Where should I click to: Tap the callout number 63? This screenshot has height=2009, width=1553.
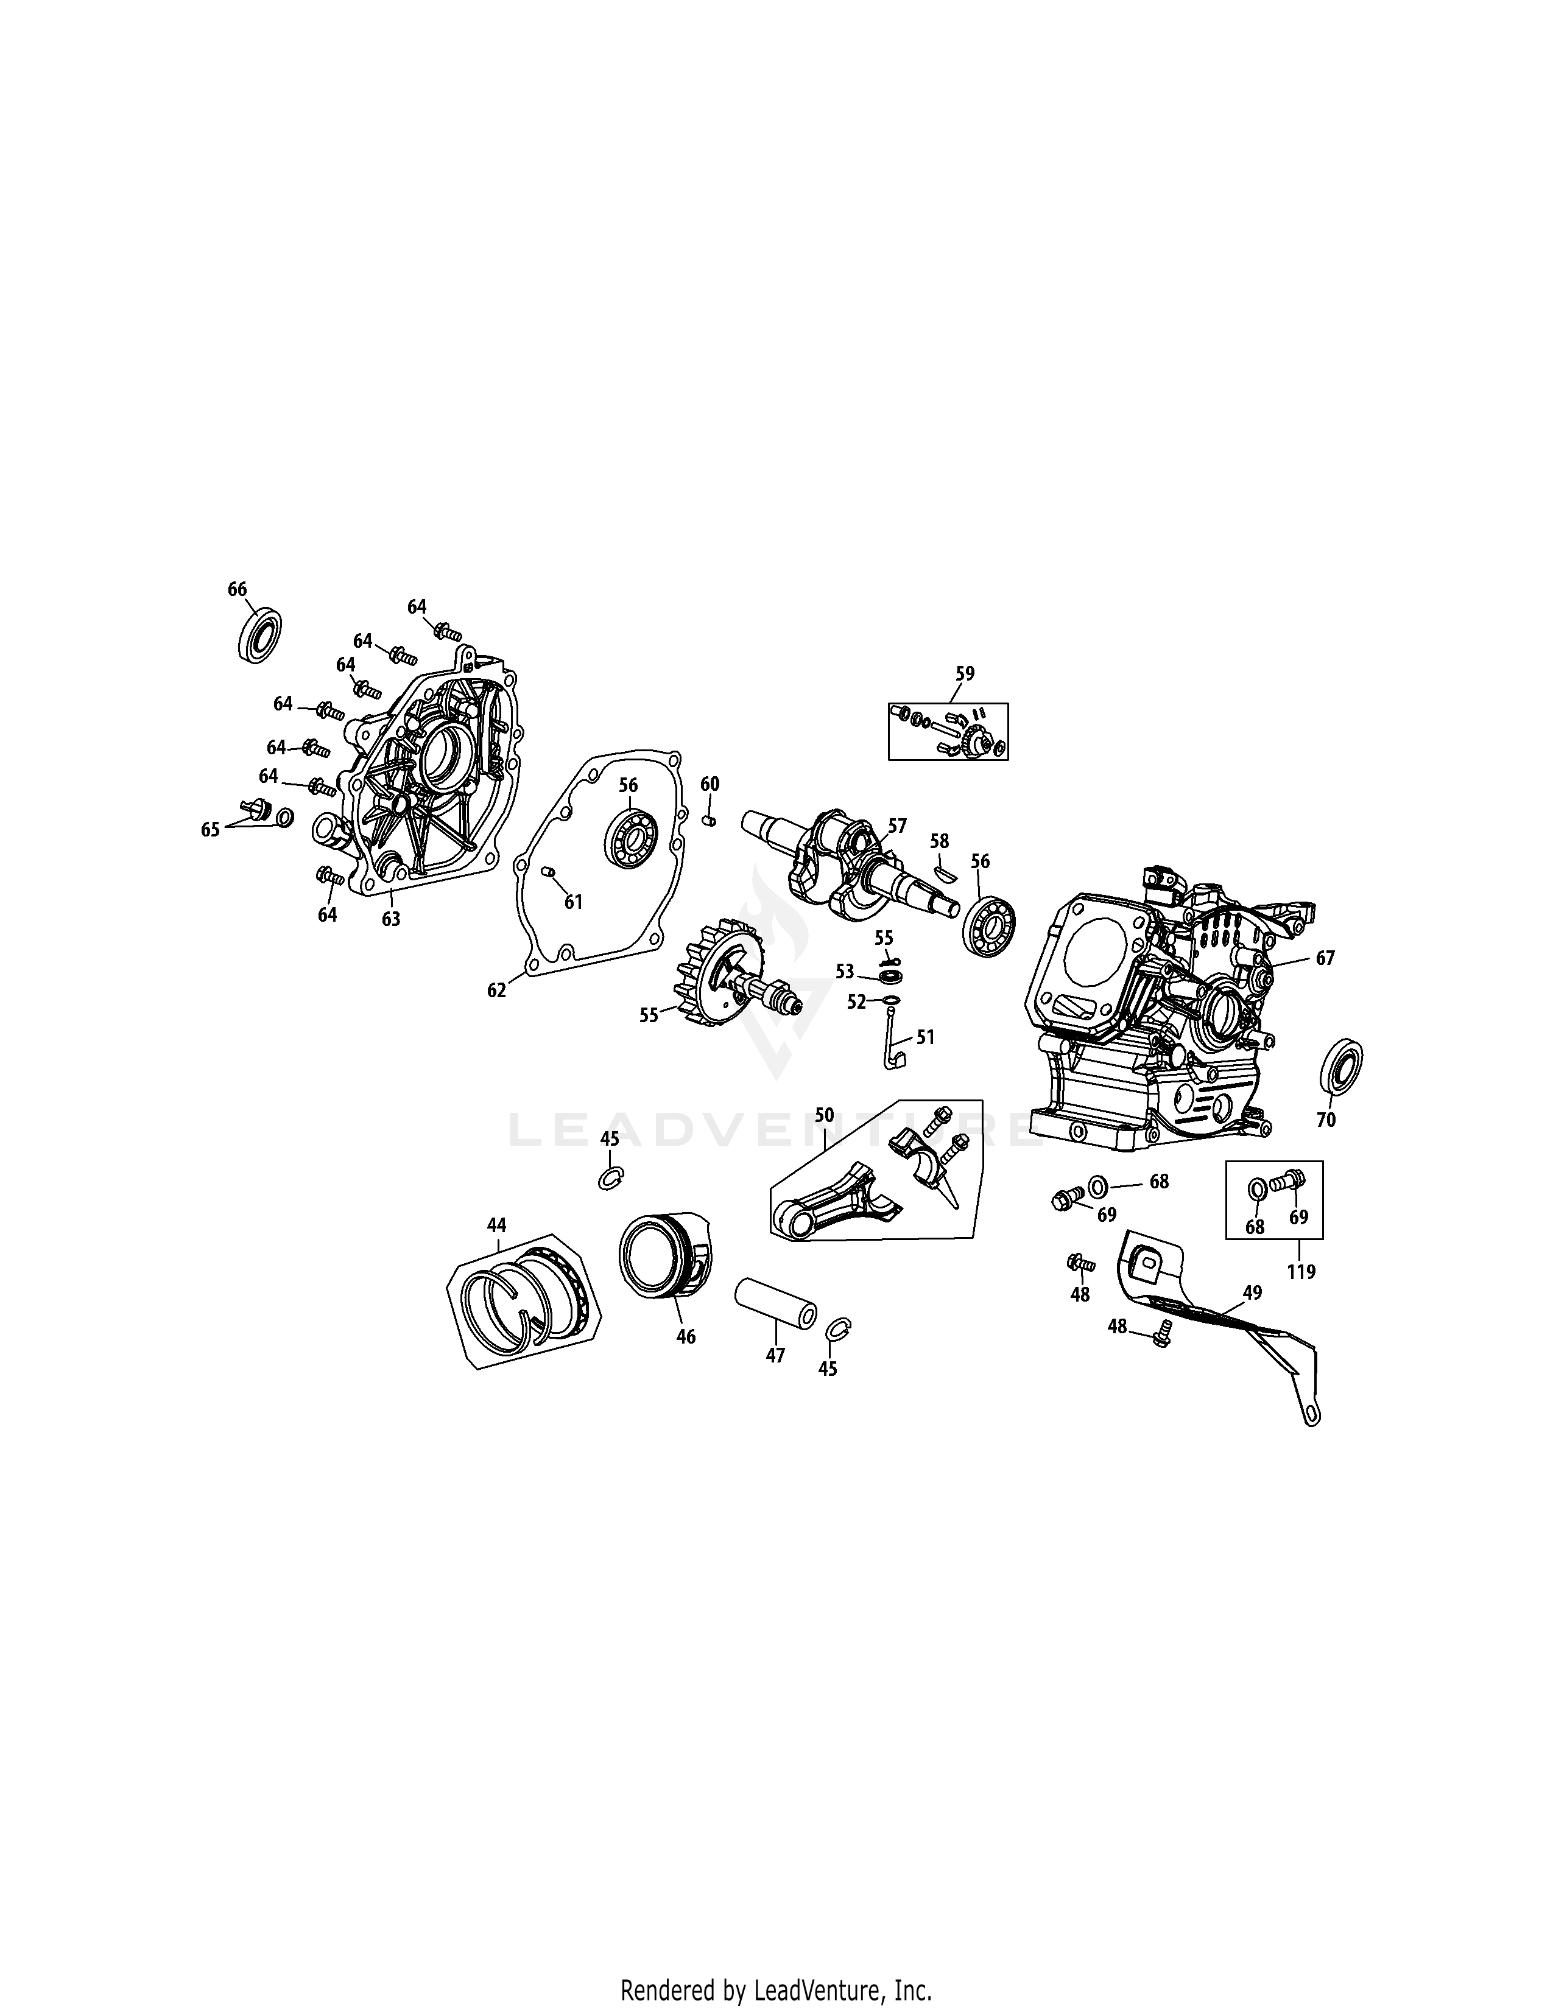[391, 919]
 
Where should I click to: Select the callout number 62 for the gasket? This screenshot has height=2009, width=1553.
[497, 990]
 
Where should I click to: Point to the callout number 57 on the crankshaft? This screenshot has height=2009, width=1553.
[897, 826]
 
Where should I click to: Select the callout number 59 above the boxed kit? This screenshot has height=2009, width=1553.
[964, 673]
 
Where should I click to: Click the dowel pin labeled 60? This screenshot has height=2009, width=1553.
[708, 819]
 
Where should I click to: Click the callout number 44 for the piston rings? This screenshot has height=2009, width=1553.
[497, 1225]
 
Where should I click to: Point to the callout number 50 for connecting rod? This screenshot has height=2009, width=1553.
[825, 1116]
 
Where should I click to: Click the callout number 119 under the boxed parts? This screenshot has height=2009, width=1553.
[1301, 1273]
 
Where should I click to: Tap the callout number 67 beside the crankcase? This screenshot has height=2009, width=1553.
[1325, 958]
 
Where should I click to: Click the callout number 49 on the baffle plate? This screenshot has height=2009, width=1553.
[1252, 1292]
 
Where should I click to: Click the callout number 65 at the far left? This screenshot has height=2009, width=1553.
[211, 830]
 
